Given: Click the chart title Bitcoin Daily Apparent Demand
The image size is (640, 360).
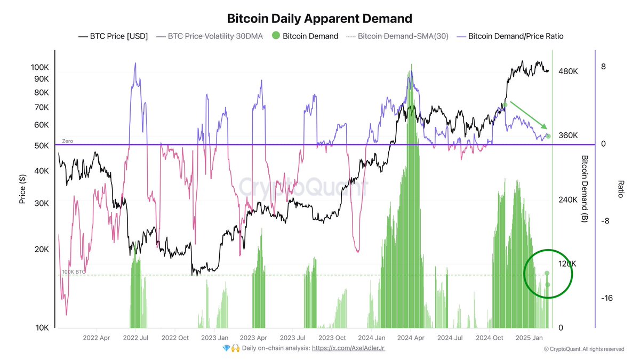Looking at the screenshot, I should click(319, 19).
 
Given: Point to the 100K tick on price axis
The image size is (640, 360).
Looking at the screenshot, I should click(40, 67).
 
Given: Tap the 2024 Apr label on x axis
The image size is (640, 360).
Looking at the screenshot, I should click(412, 338).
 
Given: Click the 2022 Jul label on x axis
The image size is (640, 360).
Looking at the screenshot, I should click(136, 338).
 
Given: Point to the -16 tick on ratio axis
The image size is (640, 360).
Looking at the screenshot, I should click(606, 298).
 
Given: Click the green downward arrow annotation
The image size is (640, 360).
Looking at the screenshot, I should click(529, 115).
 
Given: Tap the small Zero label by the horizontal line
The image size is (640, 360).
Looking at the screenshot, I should click(67, 141).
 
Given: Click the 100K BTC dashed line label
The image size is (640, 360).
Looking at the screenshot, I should click(74, 272).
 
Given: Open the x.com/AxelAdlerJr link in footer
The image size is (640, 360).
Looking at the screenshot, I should click(348, 348).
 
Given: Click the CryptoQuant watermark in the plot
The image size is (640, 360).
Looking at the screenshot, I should click(303, 188).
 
